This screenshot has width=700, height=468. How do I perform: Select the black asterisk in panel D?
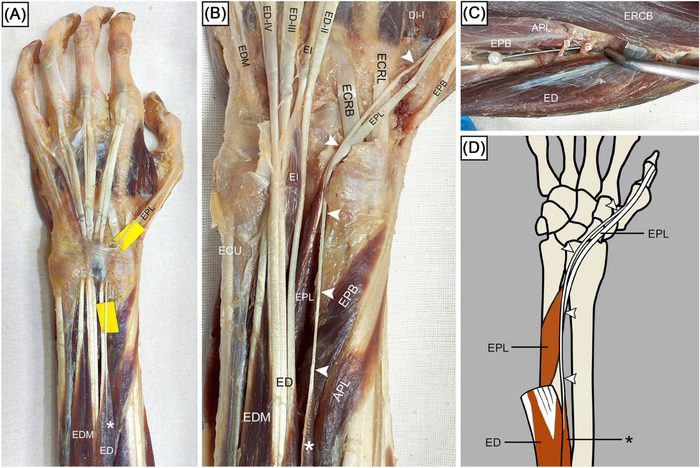629,439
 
